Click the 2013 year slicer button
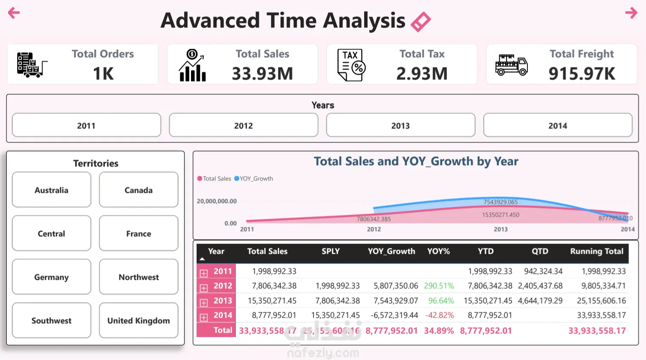400,125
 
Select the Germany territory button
52,277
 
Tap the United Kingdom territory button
139,321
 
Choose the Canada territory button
139,190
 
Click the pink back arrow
14,13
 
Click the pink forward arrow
631,13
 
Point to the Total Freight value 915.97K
582,74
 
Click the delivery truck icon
511,65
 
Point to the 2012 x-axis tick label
374,229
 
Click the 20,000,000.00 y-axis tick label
217,201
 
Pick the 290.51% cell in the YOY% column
439,286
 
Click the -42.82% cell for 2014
439,315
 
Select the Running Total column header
597,252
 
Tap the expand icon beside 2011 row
204,273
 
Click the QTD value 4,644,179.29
540,301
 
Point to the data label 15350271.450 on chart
501,215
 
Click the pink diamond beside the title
420,22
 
